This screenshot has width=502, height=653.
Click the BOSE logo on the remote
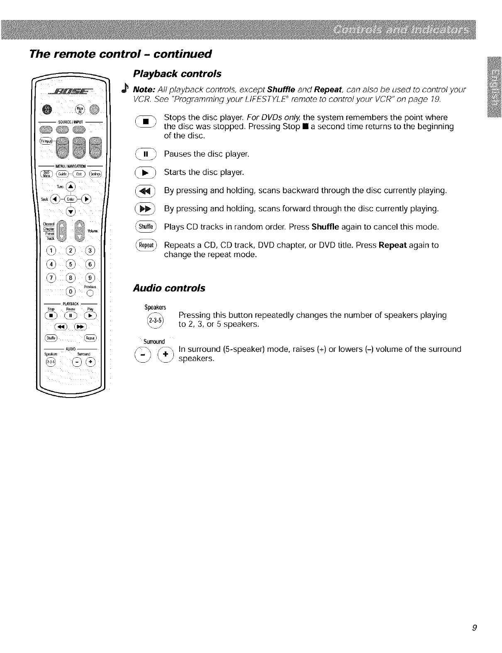tap(71, 92)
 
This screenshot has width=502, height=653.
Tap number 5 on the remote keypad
tap(71, 264)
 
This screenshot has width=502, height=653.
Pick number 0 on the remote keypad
tap(71, 291)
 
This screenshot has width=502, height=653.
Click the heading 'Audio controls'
tap(169, 288)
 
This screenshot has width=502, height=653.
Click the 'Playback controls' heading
tap(177, 74)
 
